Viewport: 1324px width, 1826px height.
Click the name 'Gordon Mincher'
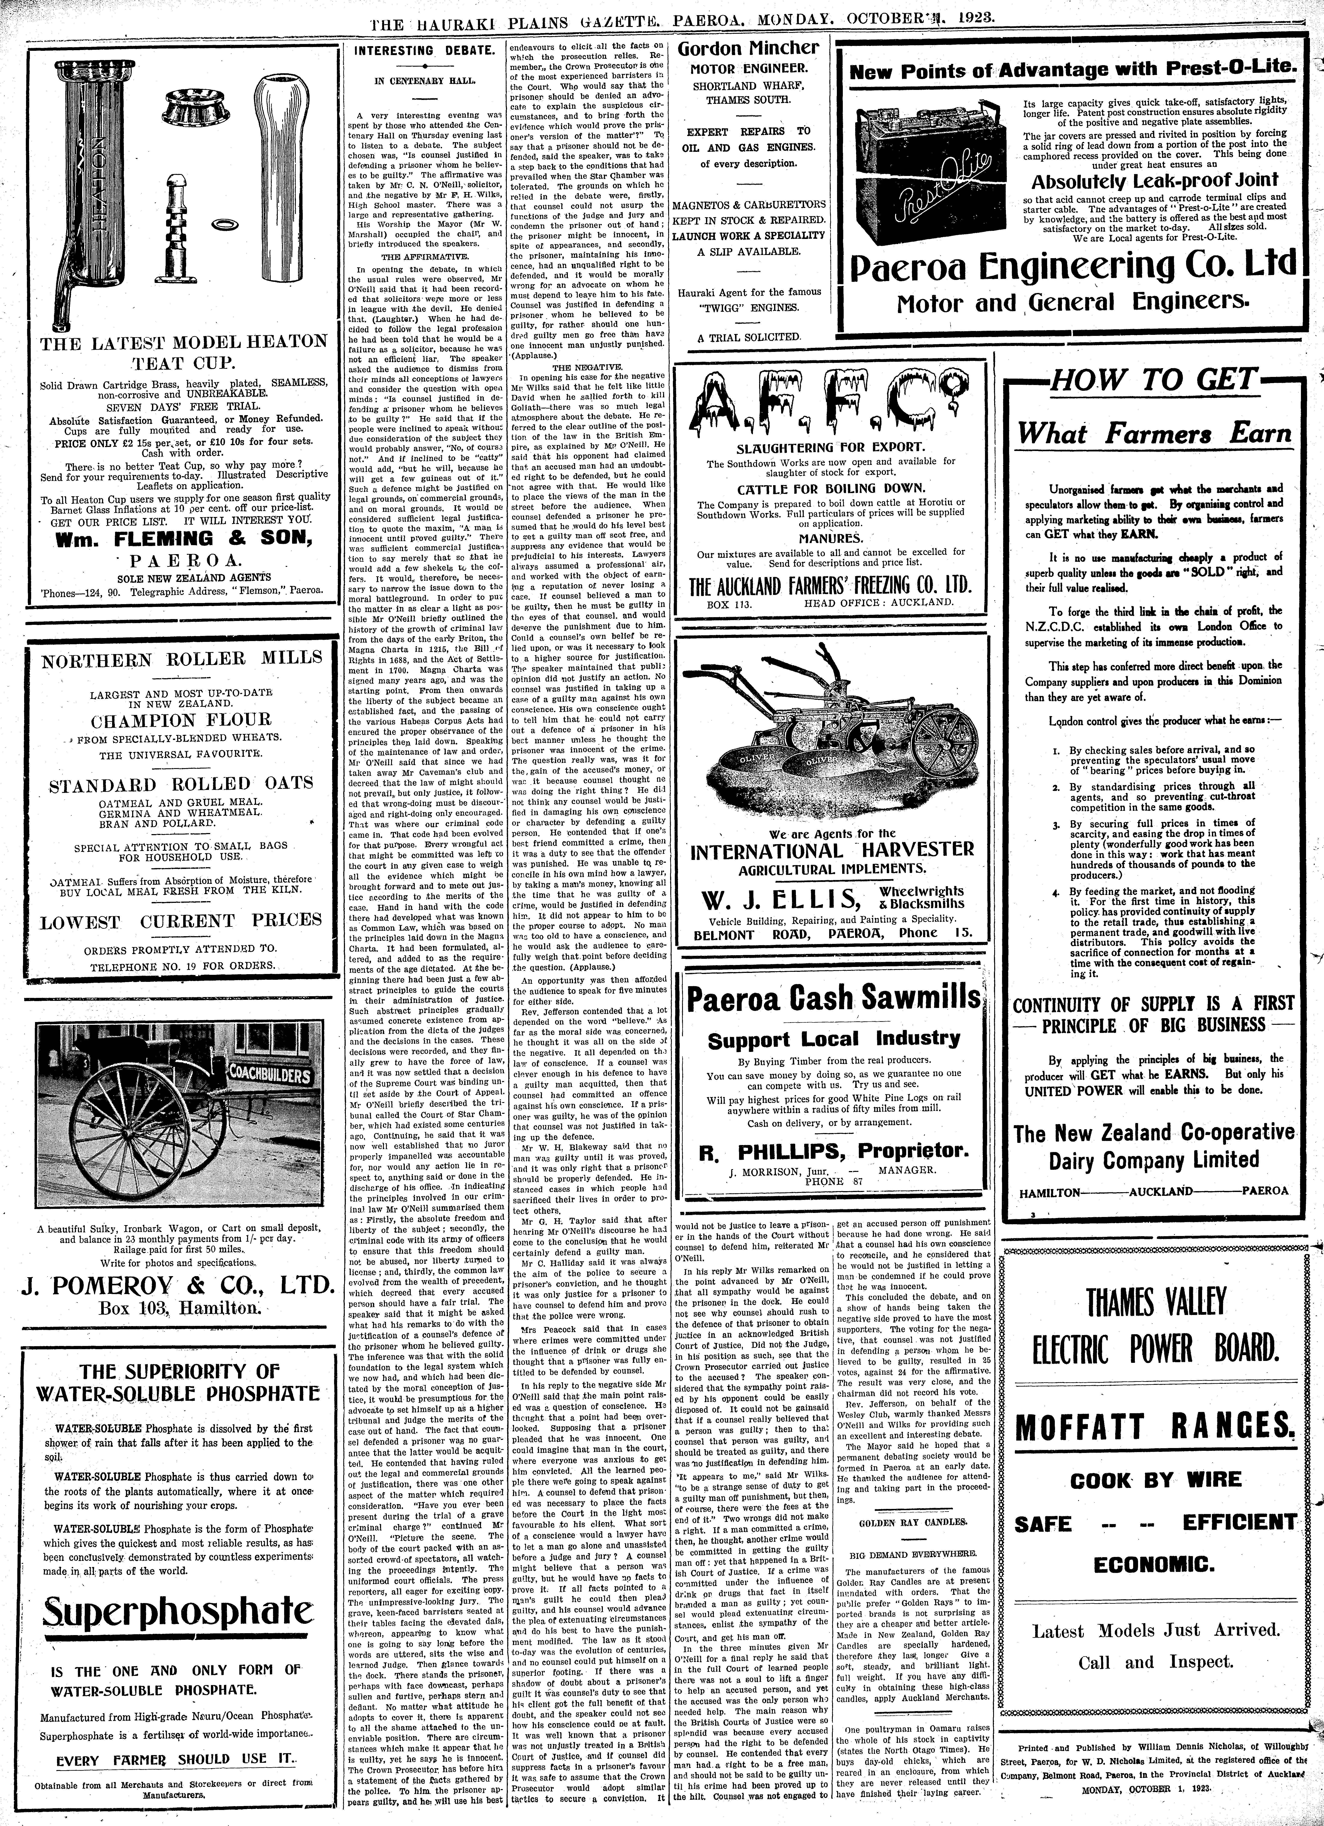pyautogui.click(x=748, y=48)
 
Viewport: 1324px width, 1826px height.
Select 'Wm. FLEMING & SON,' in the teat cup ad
pyautogui.click(x=180, y=539)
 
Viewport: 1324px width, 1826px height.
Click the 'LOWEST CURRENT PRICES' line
pyautogui.click(x=180, y=921)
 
